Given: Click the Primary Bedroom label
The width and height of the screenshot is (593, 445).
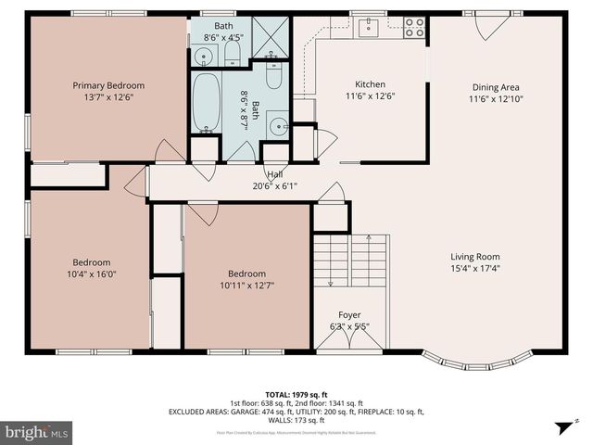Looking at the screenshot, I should tap(108, 85).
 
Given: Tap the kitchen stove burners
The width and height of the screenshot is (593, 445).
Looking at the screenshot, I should tap(413, 28).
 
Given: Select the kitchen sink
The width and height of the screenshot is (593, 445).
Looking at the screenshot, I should tap(369, 25).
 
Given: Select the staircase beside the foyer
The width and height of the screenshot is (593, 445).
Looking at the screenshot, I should tap(350, 263).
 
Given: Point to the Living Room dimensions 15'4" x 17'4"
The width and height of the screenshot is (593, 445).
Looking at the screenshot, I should tap(474, 269).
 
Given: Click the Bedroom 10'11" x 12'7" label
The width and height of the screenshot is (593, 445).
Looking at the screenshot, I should tap(246, 273).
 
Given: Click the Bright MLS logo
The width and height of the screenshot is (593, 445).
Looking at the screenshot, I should tap(37, 432).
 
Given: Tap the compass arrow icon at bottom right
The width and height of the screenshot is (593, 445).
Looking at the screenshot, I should tap(561, 426).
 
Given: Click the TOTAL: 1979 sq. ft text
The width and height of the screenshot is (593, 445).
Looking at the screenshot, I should tap(296, 393).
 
